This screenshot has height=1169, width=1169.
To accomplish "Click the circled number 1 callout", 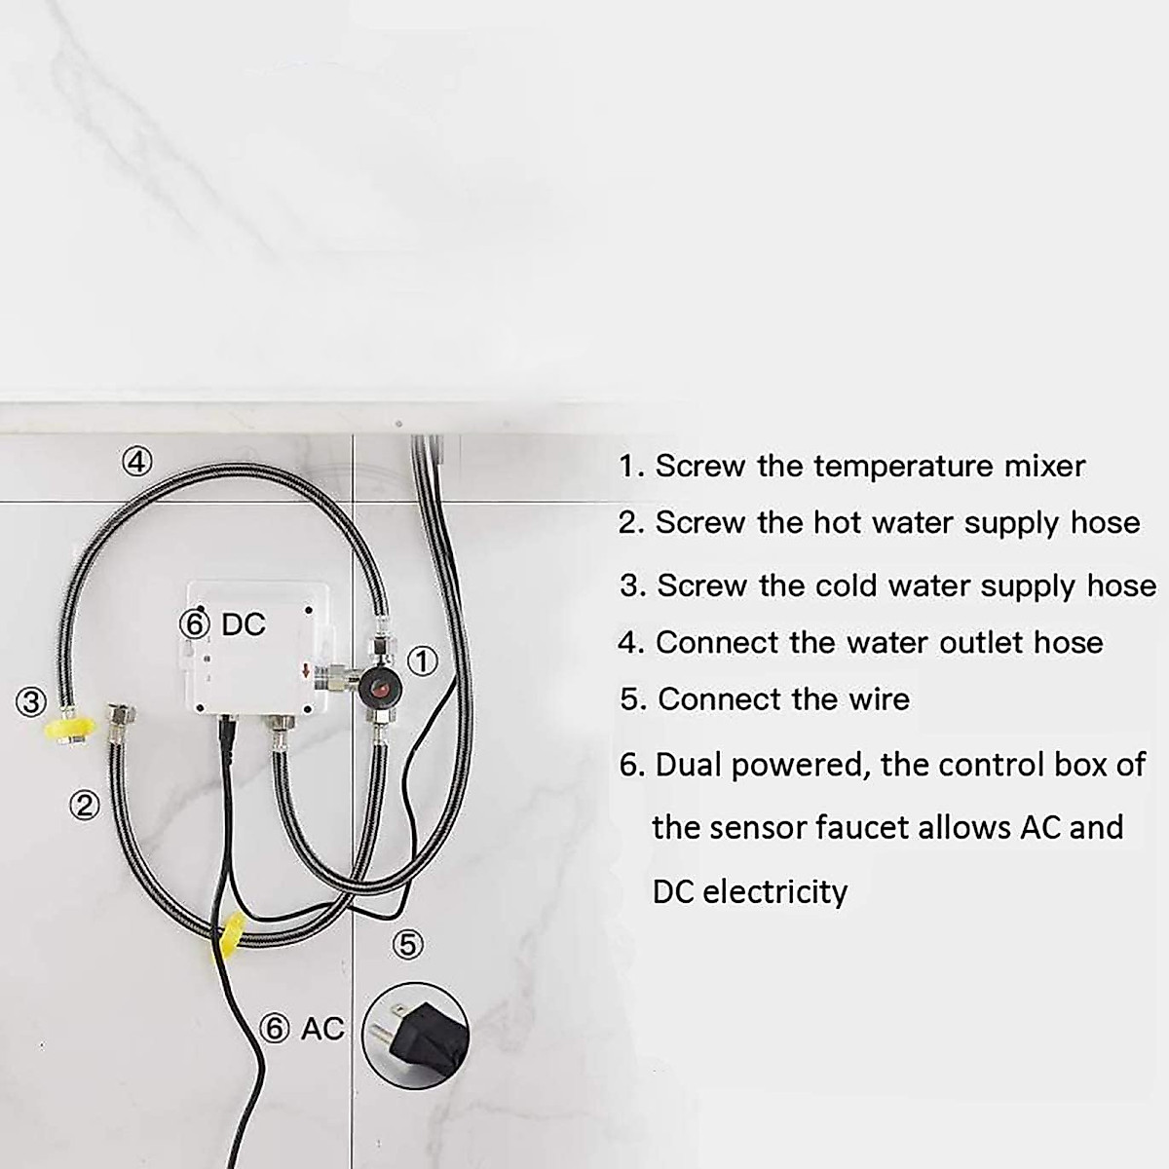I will pyautogui.click(x=421, y=660).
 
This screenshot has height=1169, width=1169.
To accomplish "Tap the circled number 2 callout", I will pyautogui.click(x=86, y=805).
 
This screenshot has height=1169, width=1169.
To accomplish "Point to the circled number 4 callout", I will pyautogui.click(x=137, y=459).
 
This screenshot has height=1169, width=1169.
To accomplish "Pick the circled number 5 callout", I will pyautogui.click(x=408, y=943).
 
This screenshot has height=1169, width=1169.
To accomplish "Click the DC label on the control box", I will pyautogui.click(x=244, y=624).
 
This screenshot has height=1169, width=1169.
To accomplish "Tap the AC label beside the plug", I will pyautogui.click(x=322, y=1028).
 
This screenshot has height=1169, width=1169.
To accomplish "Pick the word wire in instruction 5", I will pyautogui.click(x=878, y=699).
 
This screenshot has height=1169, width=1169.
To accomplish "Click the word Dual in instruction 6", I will pyautogui.click(x=690, y=766).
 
